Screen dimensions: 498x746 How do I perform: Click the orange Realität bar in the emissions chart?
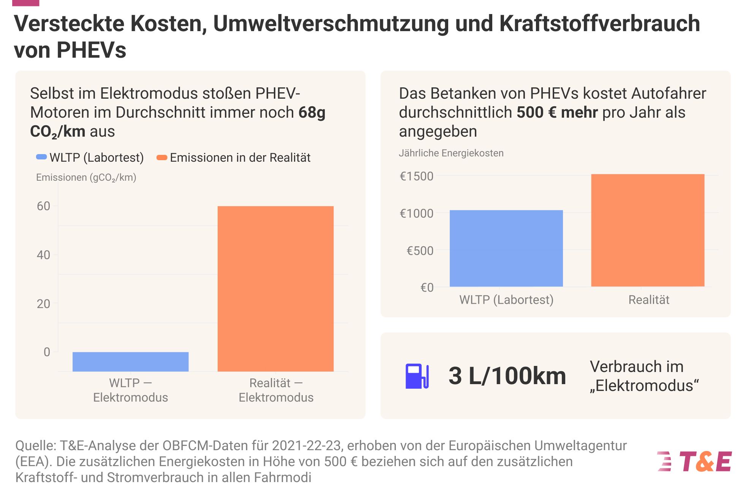[275, 288]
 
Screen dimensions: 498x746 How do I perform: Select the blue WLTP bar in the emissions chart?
[130, 361]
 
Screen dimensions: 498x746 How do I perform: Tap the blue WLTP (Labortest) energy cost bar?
[506, 248]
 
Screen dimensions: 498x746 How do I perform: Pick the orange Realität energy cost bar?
[648, 230]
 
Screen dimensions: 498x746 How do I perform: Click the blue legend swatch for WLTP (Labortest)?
[41, 157]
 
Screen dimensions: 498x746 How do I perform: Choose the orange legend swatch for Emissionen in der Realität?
[162, 158]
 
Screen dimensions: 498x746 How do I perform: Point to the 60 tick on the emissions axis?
[43, 206]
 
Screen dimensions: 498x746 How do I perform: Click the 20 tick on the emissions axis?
[43, 304]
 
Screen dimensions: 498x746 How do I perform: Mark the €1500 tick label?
[416, 176]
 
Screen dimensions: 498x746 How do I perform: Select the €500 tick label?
[420, 251]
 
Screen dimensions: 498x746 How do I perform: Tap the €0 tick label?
[427, 287]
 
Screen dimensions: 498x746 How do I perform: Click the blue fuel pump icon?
[417, 376]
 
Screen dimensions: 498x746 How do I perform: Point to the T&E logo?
[694, 462]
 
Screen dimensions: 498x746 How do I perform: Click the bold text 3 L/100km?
[507, 376]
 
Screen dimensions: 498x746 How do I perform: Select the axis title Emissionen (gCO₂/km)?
[86, 177]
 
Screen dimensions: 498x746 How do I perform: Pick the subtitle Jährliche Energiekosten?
[451, 153]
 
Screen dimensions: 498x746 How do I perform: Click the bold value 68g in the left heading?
[311, 112]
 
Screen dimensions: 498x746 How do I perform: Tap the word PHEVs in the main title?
[91, 50]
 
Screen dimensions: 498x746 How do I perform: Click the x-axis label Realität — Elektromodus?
[276, 390]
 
